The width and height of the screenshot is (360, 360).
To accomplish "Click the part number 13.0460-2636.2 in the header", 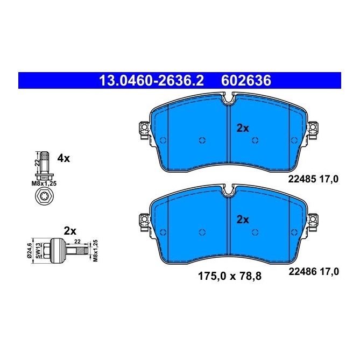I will pos(151,81).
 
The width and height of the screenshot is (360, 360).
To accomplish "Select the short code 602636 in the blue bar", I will pos(246,81).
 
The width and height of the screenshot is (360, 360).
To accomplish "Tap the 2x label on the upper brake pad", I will pos(243,128).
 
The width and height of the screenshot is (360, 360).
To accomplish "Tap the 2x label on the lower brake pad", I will pos(243,220).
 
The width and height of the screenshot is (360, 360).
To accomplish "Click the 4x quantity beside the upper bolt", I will pos(63,158).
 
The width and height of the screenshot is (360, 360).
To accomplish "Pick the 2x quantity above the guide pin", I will pos(70,230).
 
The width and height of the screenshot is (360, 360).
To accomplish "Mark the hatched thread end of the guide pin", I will pos(79,250).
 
